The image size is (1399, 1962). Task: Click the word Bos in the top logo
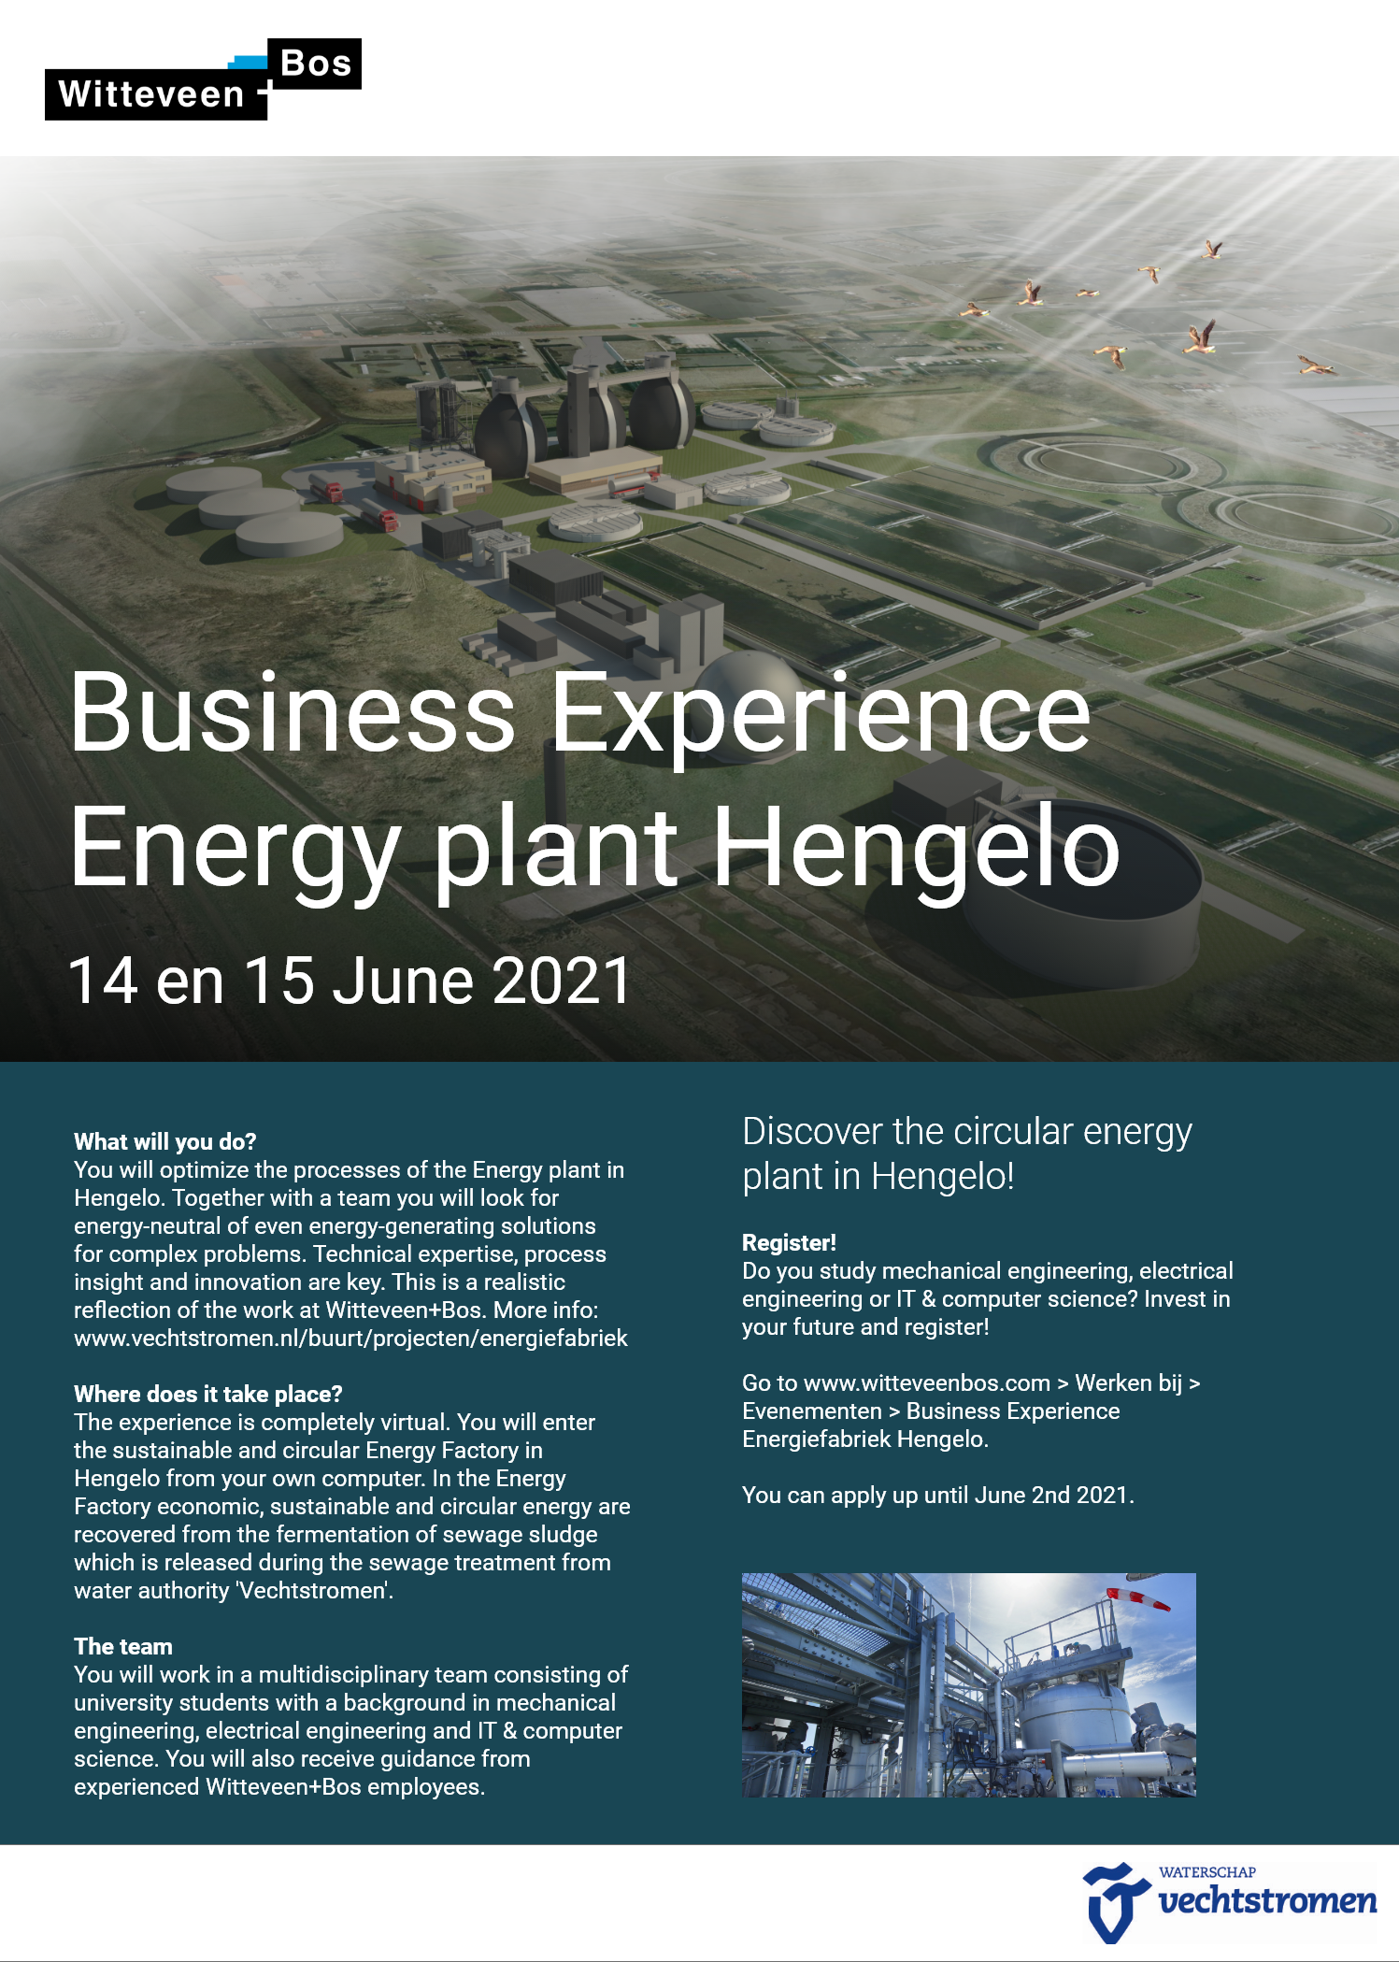[316, 64]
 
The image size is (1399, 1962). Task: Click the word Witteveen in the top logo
[151, 94]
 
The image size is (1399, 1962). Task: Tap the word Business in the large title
[293, 712]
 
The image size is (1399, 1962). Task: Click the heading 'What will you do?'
[164, 1141]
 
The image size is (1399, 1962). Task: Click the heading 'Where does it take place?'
[208, 1394]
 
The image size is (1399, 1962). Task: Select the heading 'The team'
[123, 1646]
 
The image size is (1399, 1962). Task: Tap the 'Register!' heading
[789, 1242]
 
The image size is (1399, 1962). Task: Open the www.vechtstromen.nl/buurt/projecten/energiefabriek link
[350, 1338]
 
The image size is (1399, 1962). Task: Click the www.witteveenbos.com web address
[927, 1382]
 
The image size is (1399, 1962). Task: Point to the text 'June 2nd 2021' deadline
[1051, 1495]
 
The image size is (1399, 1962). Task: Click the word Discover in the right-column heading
[812, 1131]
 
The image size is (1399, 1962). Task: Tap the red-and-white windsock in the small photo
[1138, 1598]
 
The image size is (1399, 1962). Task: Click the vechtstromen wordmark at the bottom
[1267, 1900]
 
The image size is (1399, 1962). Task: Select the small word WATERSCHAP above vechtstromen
[1207, 1872]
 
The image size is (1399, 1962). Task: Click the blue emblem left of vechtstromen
[1114, 1901]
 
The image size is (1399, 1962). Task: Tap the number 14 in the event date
[104, 981]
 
